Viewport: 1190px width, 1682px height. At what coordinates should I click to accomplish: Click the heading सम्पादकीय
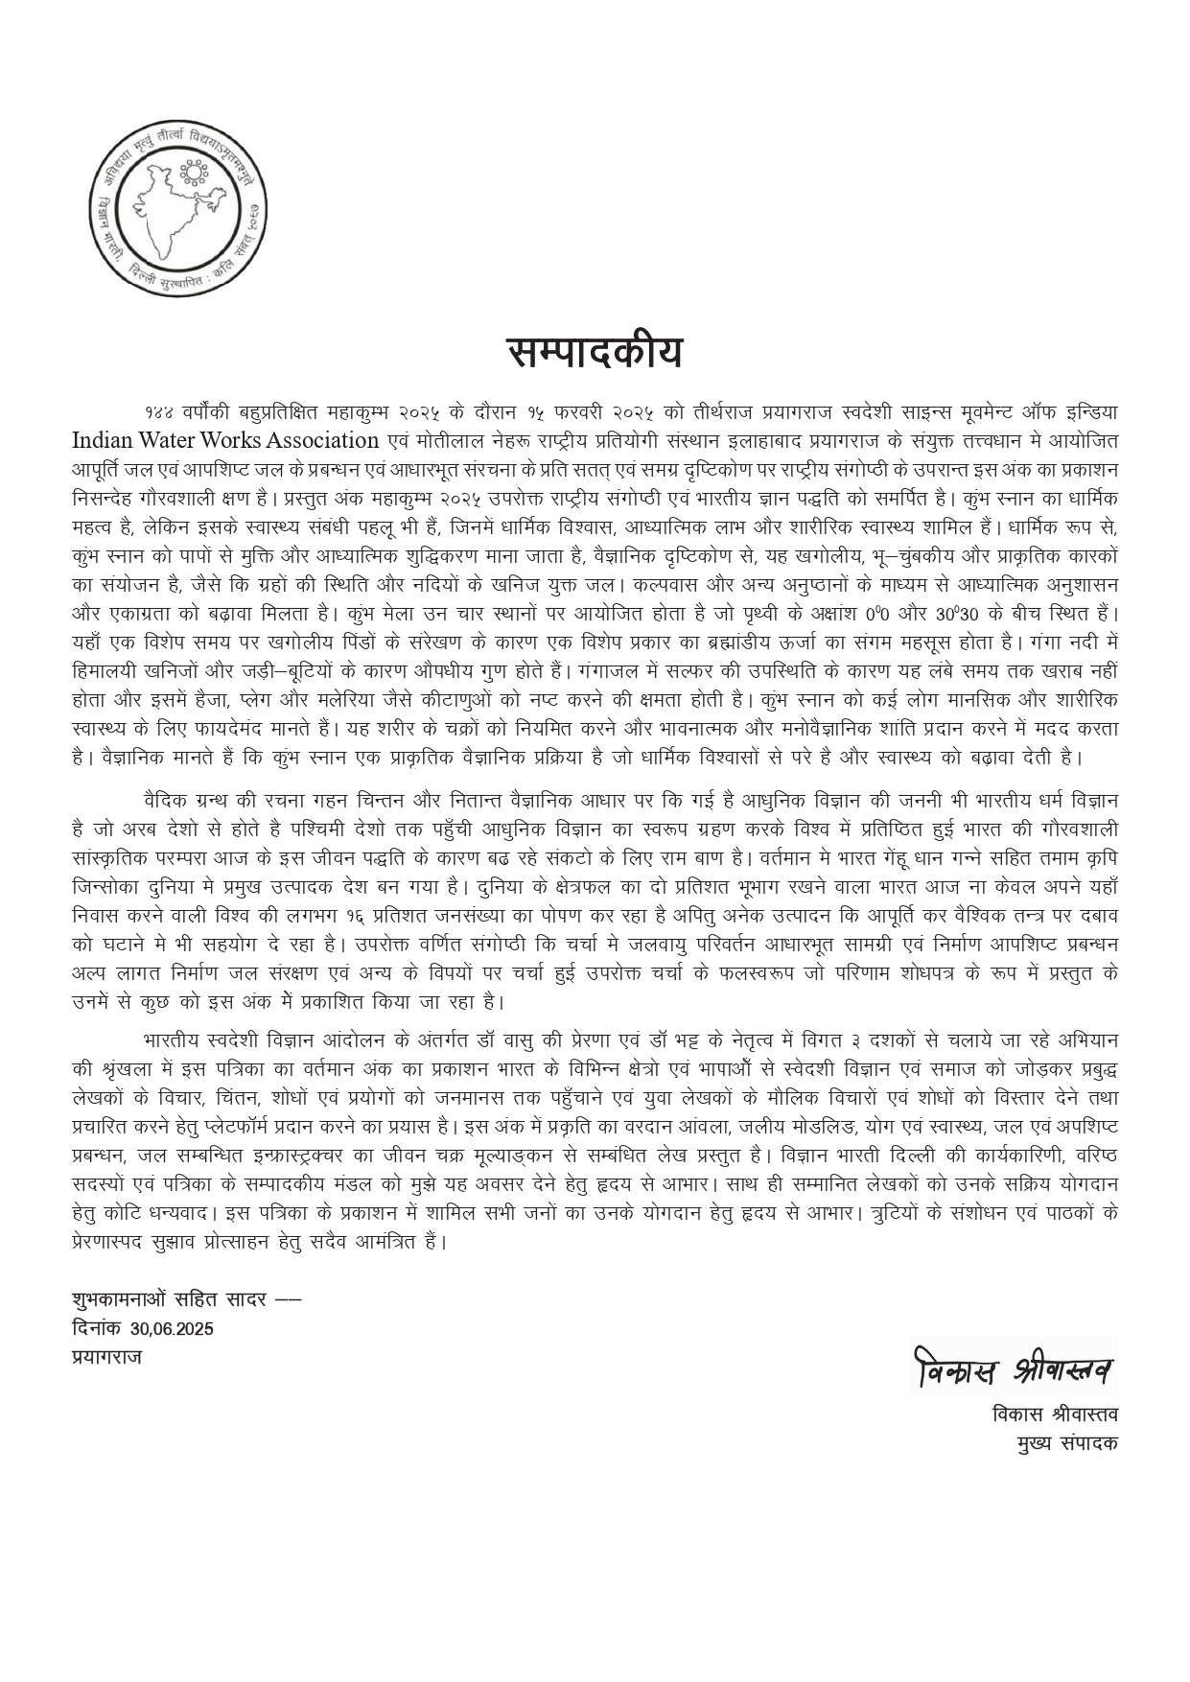click(595, 353)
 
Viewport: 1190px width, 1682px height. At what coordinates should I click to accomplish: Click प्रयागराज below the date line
click(107, 1357)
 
